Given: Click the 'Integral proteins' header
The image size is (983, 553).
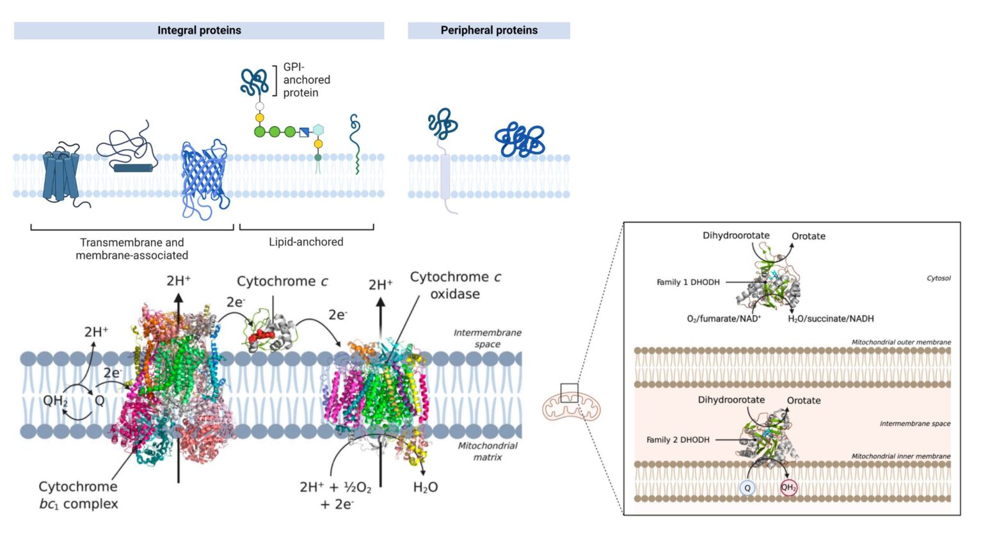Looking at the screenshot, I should pos(199,30).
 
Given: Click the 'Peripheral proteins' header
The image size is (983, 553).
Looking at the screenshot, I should pos(489,30).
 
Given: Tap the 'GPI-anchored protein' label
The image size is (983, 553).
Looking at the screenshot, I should pos(307,80).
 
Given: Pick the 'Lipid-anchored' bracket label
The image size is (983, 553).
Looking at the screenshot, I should pos(306,242).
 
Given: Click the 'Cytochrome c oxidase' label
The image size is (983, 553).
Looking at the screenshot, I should pos(455,285).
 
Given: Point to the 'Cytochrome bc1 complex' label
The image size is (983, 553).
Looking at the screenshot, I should pos(78,495).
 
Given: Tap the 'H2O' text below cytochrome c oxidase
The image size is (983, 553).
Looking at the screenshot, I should pos(426,488).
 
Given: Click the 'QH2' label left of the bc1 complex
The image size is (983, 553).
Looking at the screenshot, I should pos(55,401).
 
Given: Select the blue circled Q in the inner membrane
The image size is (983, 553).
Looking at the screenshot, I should pos(747,488).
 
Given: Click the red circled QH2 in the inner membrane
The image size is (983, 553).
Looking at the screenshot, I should pos(788,488).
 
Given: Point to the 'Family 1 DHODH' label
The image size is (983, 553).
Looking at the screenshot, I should pos(688,282).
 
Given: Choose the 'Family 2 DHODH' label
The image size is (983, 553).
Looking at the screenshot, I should pos(678,440).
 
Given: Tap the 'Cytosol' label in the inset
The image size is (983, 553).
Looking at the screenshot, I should pos(938,278).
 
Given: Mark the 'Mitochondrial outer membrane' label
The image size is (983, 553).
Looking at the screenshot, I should pos(900,342).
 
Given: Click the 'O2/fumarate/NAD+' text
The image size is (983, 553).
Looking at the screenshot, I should pos(723,319).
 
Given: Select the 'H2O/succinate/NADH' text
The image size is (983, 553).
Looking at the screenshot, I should pos(830,319).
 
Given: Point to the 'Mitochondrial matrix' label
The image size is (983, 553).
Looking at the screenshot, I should pos(488,451).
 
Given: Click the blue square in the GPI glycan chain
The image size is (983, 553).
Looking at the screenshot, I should pos(305,132).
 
